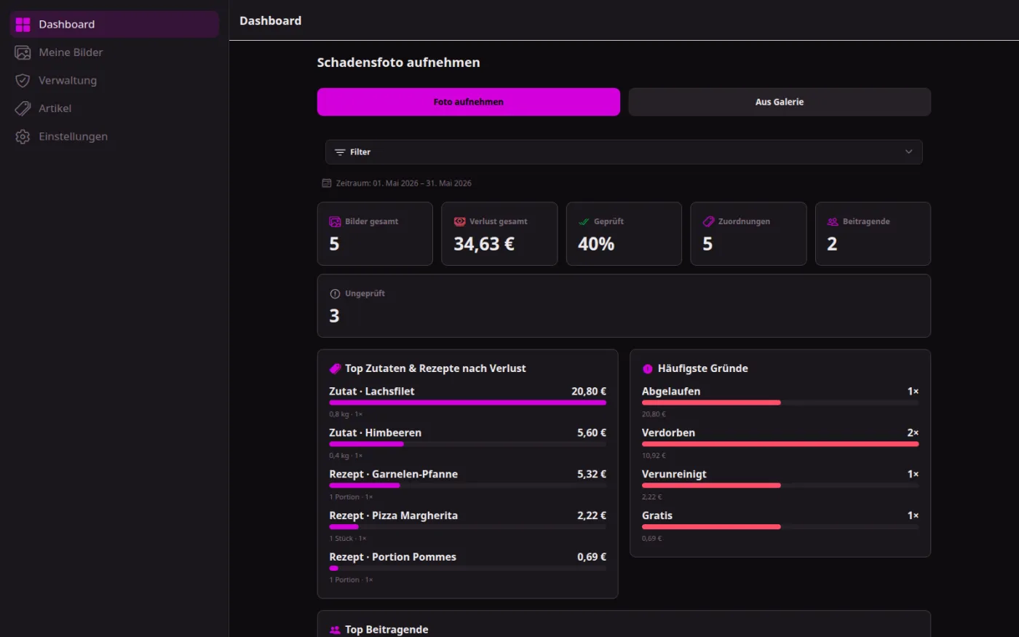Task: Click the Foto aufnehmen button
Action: pos(468,102)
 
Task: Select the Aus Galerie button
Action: pos(780,102)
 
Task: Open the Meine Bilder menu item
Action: pos(71,52)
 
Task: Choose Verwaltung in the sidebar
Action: pos(67,81)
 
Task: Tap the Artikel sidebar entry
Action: pos(55,108)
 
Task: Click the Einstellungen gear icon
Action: pos(23,137)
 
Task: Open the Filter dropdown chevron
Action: pos(908,151)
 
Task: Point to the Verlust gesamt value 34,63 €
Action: pos(484,244)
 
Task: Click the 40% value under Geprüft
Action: pos(596,244)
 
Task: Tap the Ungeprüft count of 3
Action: pos(334,316)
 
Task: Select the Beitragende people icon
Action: pos(833,221)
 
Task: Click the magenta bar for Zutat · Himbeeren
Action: pos(366,444)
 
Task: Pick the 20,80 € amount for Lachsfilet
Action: pos(589,392)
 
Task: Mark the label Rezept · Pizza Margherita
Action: pos(394,515)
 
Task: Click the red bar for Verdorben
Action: pos(780,444)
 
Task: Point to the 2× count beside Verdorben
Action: pos(913,432)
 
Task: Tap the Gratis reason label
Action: pos(657,515)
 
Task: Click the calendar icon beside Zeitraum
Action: pos(326,183)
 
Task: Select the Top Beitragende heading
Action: pos(386,629)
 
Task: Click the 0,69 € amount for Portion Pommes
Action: pos(591,557)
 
